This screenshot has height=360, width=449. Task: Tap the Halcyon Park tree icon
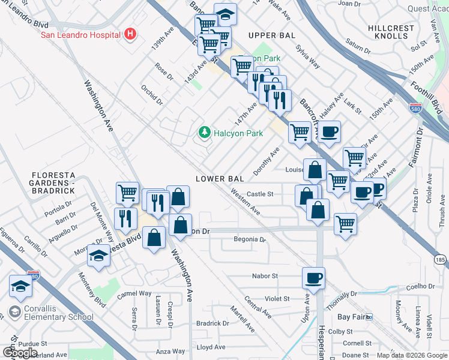[x=205, y=132]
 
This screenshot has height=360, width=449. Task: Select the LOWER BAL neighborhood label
[x=219, y=179]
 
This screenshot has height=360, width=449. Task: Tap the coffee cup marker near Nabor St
[x=313, y=278]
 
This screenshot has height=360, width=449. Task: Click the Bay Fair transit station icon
[x=369, y=316]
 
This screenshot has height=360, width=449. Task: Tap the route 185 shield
[x=440, y=260]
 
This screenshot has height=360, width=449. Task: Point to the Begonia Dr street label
[x=250, y=239]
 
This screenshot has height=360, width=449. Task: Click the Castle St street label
[x=260, y=194]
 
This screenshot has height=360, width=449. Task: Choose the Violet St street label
[x=277, y=298]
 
